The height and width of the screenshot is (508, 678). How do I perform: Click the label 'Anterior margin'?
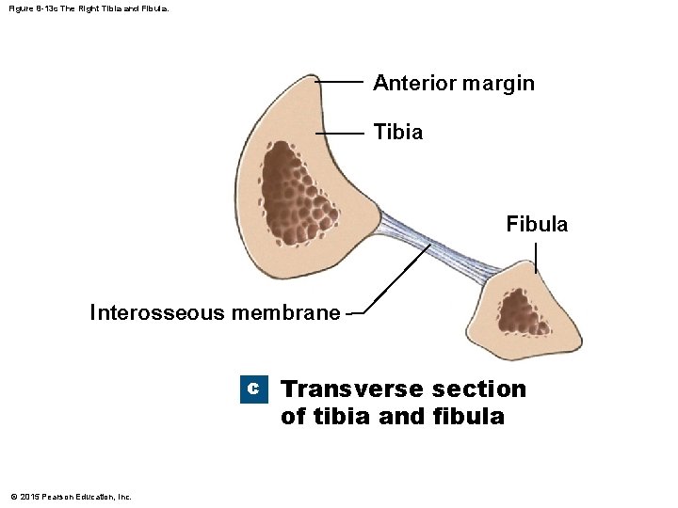coord(453,83)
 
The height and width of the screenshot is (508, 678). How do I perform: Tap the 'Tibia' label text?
coord(397,133)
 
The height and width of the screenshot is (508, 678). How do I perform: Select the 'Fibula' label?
coord(537,224)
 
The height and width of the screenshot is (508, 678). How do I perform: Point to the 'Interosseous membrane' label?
coord(215,312)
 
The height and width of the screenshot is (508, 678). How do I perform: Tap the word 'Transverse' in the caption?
coord(352,389)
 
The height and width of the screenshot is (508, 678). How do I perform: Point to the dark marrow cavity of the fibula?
coord(519,311)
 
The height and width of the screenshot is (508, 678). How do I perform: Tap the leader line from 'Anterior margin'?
coord(339,83)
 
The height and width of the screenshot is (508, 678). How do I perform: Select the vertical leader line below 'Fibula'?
coord(536,257)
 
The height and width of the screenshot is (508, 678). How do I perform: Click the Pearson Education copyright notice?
coord(71,496)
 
